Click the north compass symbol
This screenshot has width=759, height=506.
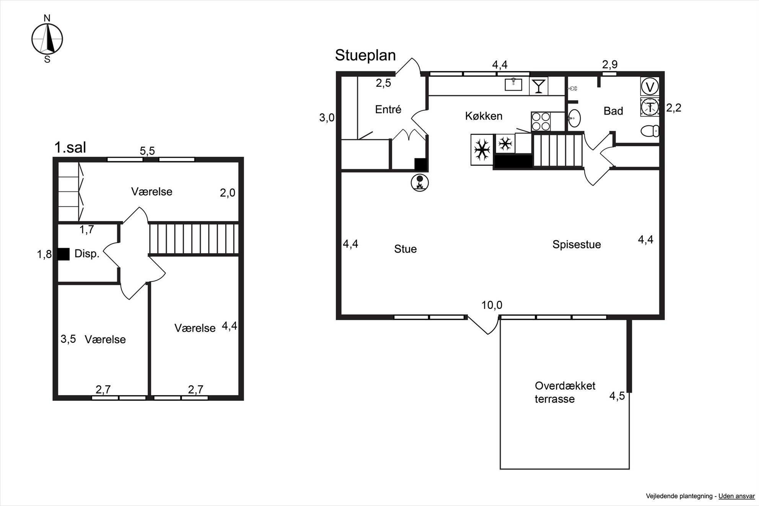47,39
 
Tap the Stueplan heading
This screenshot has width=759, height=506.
365,55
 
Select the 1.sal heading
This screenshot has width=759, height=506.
70,148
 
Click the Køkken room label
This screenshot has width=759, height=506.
484,116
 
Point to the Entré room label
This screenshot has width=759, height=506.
388,109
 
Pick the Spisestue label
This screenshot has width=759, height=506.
577,245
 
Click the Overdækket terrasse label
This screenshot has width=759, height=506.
565,392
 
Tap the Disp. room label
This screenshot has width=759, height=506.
87,254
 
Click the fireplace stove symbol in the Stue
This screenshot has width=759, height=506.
420,183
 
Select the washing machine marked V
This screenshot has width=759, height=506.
650,86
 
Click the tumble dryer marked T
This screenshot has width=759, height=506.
650,107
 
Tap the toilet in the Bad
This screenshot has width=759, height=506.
650,131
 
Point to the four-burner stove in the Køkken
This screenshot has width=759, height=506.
541,121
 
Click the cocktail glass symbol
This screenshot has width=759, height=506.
539,86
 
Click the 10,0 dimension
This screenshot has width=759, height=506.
492,305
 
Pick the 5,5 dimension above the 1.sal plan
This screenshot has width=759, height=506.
147,151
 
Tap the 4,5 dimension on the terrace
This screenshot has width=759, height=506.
617,396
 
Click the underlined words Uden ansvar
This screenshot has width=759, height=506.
736,496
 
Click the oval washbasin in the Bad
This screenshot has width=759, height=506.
574,118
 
